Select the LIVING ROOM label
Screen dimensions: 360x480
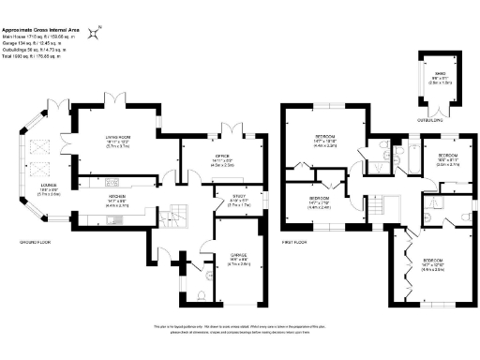(x=118, y=142)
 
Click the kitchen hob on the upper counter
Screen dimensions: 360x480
(x=112, y=181)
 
